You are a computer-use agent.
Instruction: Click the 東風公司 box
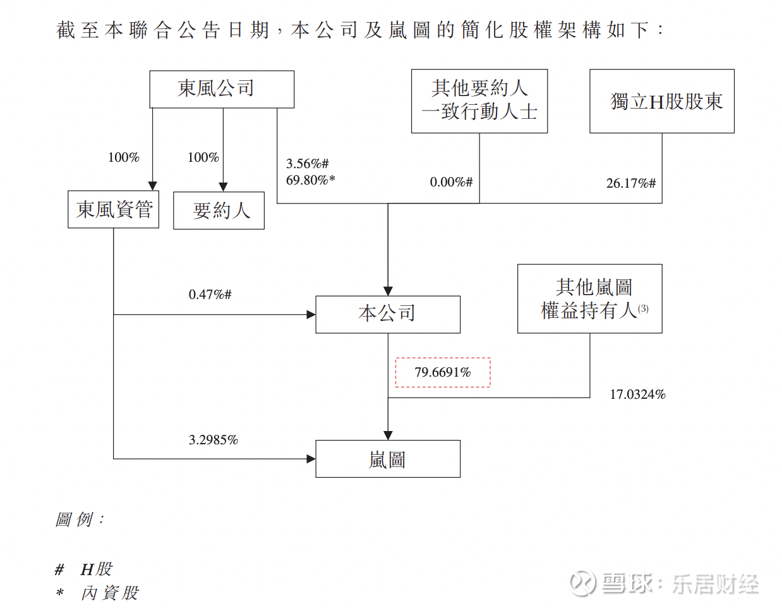tap(222, 89)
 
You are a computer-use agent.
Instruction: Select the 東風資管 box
tap(114, 210)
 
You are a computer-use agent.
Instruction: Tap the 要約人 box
tap(219, 210)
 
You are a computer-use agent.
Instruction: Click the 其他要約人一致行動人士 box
tap(479, 101)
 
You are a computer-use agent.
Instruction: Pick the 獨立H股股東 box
tap(662, 101)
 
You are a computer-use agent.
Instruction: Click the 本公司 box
tap(388, 314)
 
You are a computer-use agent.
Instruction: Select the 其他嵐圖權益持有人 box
tap(590, 299)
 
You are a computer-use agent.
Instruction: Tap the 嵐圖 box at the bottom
tap(388, 459)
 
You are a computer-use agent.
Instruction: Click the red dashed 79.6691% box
tap(443, 372)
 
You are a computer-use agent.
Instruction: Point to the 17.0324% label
tap(637, 394)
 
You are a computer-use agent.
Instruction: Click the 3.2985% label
tap(214, 440)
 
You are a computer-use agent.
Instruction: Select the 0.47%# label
tap(210, 295)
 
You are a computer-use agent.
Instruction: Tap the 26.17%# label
tap(631, 183)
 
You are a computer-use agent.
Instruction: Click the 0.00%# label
tap(451, 182)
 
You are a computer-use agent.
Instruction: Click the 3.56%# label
tap(308, 164)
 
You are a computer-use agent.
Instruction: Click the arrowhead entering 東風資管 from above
tap(152, 186)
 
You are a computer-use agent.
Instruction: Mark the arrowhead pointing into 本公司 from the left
tap(311, 314)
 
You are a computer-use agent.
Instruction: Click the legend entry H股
tap(97, 569)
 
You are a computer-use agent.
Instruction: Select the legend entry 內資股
tap(109, 593)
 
